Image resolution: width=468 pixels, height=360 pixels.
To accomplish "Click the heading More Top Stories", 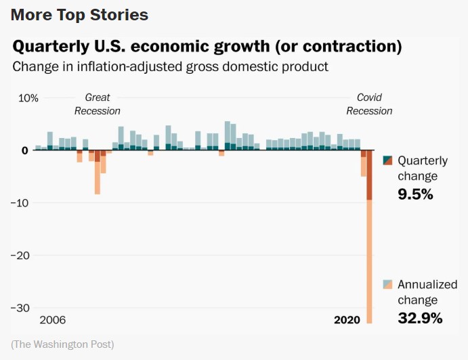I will point(79,14).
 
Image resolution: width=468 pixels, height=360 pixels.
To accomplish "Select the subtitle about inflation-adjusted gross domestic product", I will point(171,66).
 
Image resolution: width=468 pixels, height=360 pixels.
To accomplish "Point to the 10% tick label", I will point(28,98).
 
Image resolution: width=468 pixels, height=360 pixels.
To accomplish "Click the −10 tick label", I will point(22,203).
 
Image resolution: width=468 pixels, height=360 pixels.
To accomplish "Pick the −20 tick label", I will point(22,255).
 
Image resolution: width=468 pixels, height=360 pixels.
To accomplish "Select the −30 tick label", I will point(22,307).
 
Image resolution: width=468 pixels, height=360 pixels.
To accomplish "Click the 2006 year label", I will point(53,319).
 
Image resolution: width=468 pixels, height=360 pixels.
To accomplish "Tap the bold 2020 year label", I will point(347,319).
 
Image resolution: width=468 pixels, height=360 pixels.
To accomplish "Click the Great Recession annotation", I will point(98,104).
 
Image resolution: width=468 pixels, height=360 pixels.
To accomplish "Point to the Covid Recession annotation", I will point(369,104).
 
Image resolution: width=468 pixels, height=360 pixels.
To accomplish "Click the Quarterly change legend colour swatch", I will point(388,161).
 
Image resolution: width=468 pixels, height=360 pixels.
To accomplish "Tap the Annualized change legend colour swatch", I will point(388,284).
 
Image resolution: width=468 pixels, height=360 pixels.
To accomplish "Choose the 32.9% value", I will point(420,317).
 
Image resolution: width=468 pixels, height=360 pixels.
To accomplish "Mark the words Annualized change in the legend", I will point(427,292).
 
